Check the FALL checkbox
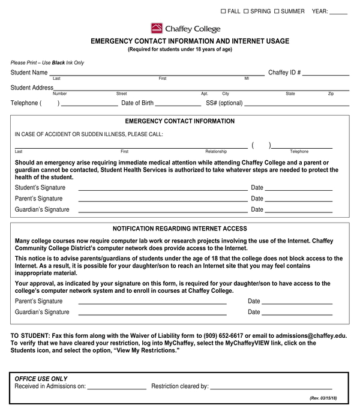point(224,11)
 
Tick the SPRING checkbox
point(246,11)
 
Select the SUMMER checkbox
point(277,11)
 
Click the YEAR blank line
point(338,13)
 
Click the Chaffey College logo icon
point(157,28)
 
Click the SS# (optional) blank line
point(296,105)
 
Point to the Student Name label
point(29,73)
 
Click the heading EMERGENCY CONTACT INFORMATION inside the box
point(179,121)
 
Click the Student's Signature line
point(162,190)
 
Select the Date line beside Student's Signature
point(299,190)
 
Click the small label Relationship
point(216,152)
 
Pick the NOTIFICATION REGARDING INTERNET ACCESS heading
point(179,229)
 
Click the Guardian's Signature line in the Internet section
point(152,314)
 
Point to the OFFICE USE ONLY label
point(41,379)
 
